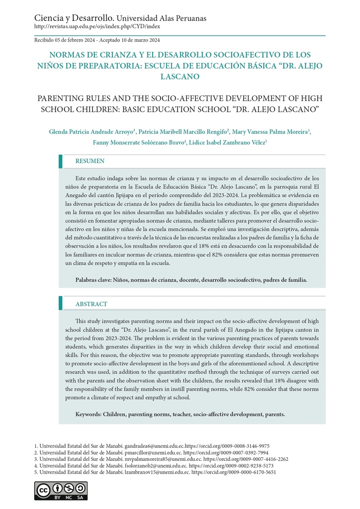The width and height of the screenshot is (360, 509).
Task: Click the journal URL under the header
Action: click(x=97, y=26)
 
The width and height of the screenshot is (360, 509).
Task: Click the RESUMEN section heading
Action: click(x=90, y=161)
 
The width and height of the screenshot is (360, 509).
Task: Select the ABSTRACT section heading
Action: click(x=91, y=304)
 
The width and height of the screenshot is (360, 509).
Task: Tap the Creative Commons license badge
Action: click(x=54, y=491)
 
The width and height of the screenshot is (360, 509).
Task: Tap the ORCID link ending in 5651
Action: click(x=234, y=472)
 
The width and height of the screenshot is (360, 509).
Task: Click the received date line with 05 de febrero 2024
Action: click(x=97, y=40)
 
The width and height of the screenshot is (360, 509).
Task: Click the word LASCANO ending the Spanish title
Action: click(x=180, y=77)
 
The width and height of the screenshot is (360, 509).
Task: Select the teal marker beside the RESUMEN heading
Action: click(x=61, y=161)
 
